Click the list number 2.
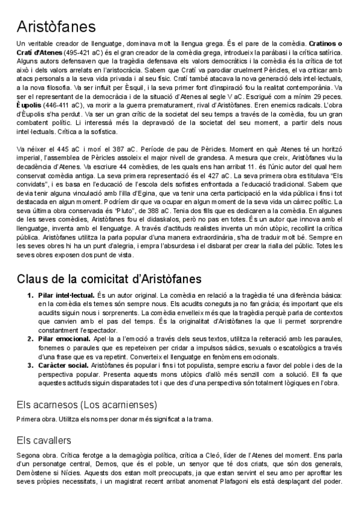31,339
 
